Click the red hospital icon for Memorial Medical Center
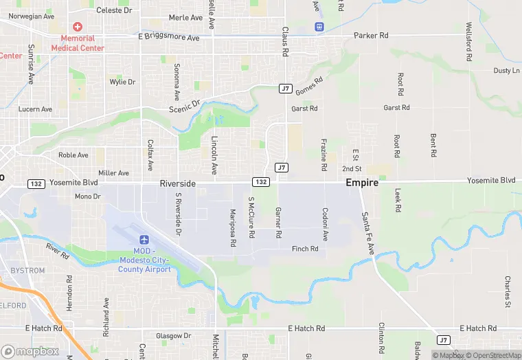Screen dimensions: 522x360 78,26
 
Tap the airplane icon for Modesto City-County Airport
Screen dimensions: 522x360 144,239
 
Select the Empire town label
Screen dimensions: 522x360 362,183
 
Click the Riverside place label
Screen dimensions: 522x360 178,183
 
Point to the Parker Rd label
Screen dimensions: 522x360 371,35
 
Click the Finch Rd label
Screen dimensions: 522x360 305,249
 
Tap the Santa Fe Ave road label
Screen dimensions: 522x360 367,234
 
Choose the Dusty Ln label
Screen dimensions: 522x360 507,71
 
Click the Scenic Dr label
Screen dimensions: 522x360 184,106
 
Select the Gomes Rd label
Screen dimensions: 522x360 308,86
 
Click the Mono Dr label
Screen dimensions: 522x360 87,196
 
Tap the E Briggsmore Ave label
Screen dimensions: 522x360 168,36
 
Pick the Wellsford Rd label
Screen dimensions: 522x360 469,43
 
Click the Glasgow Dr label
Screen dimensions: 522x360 173,336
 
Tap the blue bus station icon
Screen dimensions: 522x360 319,26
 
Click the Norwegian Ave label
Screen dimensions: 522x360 30,16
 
